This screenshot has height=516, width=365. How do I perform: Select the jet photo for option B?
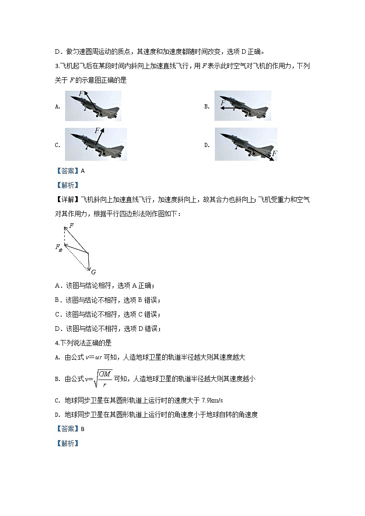pyautogui.click(x=242, y=106)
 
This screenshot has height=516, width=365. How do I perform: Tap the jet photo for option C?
pyautogui.click(x=96, y=144)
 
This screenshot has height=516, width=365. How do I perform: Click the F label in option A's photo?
pyautogui.click(x=81, y=94)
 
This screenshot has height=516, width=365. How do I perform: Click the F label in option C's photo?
pyautogui.click(x=97, y=131)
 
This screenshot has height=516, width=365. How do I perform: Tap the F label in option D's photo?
pyautogui.click(x=274, y=153)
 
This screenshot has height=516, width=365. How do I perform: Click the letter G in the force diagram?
pyautogui.click(x=93, y=272)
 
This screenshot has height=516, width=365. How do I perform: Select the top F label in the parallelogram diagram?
pyautogui.click(x=71, y=226)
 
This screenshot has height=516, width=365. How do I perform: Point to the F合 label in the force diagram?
pyautogui.click(x=59, y=247)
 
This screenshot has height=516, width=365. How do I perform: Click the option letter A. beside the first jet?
pyautogui.click(x=57, y=107)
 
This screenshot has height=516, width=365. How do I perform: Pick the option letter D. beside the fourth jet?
pyautogui.click(x=207, y=145)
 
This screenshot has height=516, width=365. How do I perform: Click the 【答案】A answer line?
pyautogui.click(x=70, y=171)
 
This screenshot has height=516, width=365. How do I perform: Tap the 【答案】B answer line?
pyautogui.click(x=70, y=429)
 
